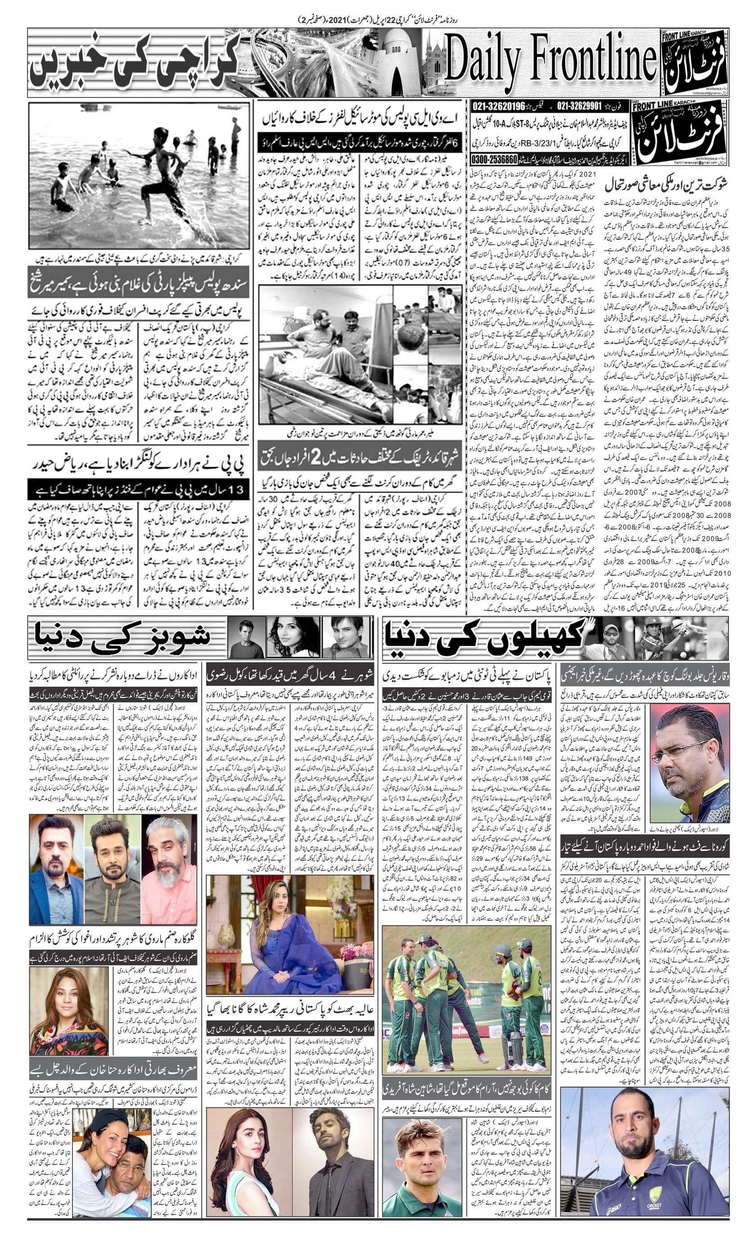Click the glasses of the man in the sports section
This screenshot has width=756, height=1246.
[680, 736]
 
